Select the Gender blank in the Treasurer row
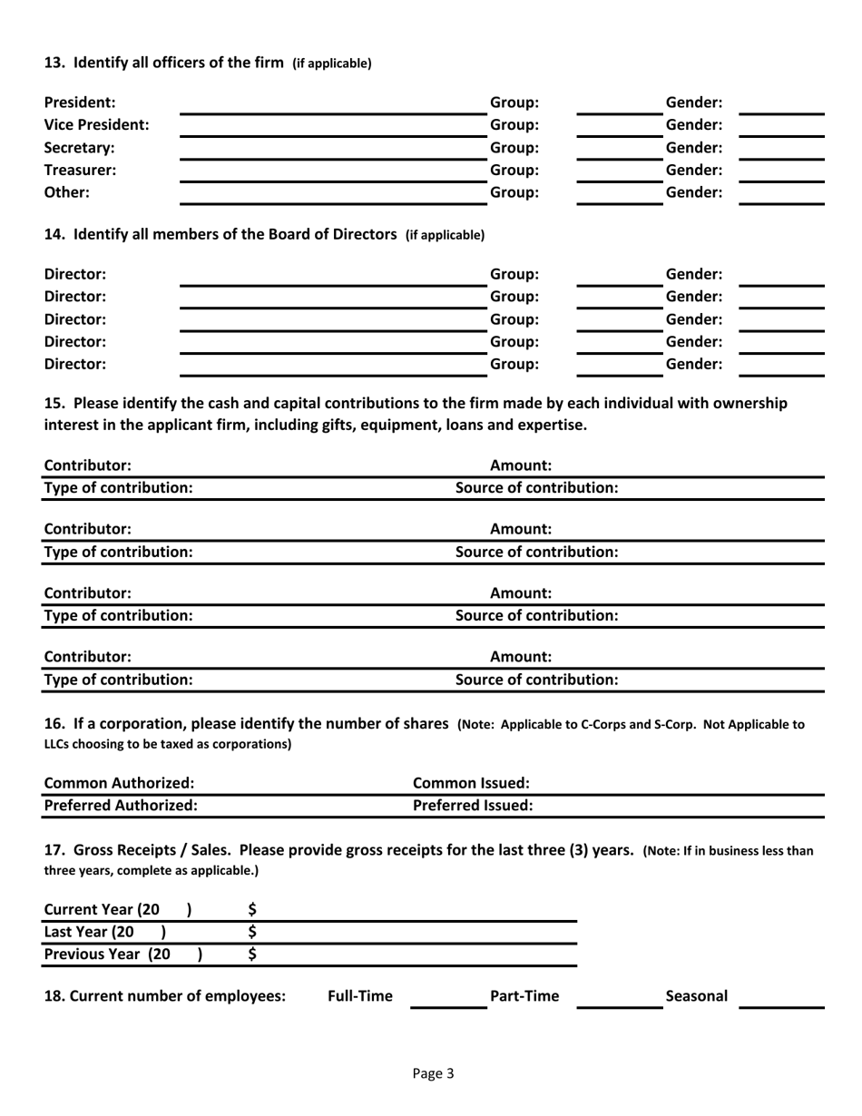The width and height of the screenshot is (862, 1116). click(781, 171)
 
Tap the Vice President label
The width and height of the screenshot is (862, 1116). click(97, 124)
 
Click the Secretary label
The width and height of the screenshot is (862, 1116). click(80, 147)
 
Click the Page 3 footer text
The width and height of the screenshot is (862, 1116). click(432, 1074)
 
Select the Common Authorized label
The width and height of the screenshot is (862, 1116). click(120, 783)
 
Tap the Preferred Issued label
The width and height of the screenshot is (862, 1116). click(473, 805)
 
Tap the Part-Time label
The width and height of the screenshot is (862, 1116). click(524, 996)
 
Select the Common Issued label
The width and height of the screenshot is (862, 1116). click(471, 783)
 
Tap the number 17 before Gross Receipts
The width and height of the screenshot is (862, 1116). click(54, 850)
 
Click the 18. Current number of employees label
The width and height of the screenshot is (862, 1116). click(165, 996)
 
